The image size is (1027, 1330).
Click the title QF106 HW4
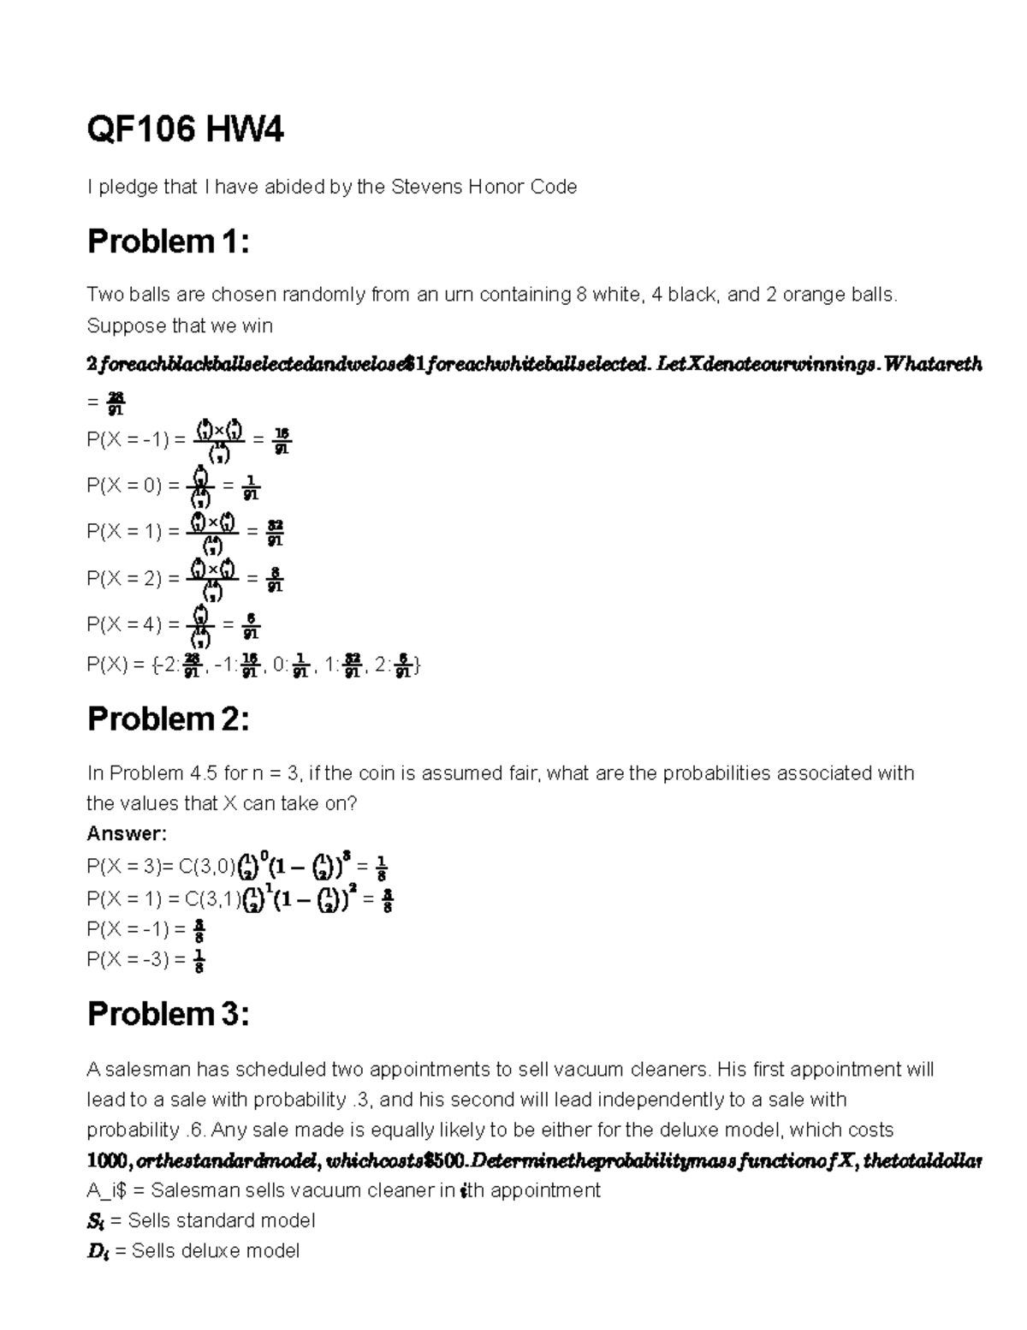tap(186, 131)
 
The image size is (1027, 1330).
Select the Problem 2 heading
tap(168, 719)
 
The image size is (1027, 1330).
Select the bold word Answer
tap(127, 833)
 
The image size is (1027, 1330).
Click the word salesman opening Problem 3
tap(145, 1070)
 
